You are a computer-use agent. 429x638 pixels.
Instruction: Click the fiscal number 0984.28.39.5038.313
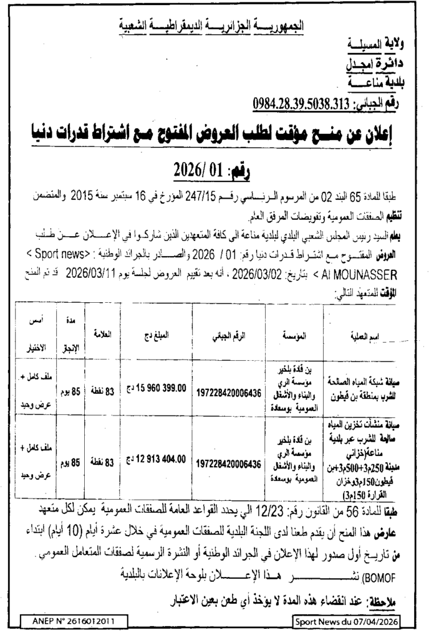299,103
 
